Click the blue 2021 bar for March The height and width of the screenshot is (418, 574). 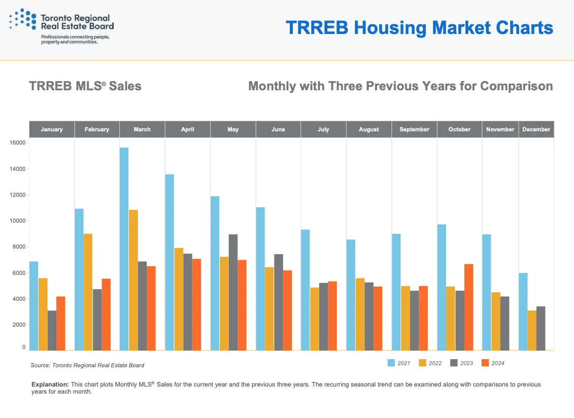124,249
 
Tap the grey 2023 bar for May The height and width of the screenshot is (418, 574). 233,292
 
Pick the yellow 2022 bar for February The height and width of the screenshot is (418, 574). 88,292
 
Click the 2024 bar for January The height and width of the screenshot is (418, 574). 61,323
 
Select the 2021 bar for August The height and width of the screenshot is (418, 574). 351,295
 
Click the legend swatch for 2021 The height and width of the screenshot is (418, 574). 391,363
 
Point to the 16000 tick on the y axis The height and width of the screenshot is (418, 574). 17,143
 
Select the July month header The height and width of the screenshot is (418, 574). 323,129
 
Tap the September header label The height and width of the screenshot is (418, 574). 414,129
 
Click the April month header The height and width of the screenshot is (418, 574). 187,129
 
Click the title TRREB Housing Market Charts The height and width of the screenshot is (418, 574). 419,27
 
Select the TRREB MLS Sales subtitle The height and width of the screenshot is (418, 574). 85,86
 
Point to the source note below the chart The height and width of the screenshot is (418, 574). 87,365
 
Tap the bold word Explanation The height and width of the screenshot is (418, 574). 50,385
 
